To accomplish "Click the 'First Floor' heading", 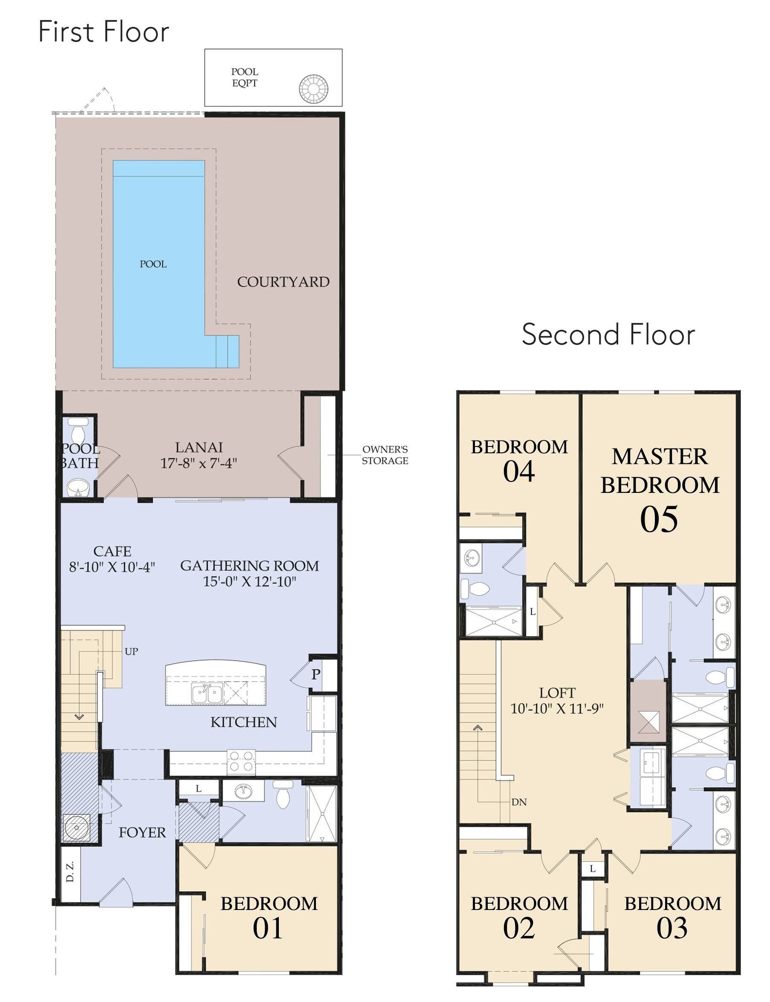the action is [104, 32].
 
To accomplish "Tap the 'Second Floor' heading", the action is [608, 334].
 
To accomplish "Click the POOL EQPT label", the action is [244, 78].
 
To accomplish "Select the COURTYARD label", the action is [283, 282].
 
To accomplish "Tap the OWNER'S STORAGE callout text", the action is [385, 455].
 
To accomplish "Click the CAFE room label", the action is [112, 551].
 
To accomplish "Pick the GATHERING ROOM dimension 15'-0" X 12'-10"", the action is [250, 582].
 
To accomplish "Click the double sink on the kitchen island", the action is [208, 695].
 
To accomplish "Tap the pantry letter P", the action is [316, 674].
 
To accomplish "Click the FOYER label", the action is [142, 832].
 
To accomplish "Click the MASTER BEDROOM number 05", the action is [659, 519].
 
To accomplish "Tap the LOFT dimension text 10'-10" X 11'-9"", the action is [557, 709].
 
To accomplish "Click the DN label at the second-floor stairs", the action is [519, 802].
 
